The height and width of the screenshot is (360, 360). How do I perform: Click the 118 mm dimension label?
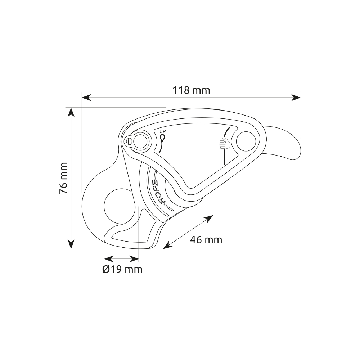[x=191, y=90]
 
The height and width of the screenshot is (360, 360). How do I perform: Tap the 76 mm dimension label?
[x=63, y=178]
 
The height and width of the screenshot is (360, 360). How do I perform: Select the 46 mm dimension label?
[x=206, y=240]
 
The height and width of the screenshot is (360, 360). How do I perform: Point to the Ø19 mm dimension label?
[x=122, y=269]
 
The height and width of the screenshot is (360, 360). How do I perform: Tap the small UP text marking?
[x=163, y=131]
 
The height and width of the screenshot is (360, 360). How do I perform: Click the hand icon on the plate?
[x=224, y=143]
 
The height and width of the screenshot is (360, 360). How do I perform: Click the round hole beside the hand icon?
[x=246, y=141]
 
